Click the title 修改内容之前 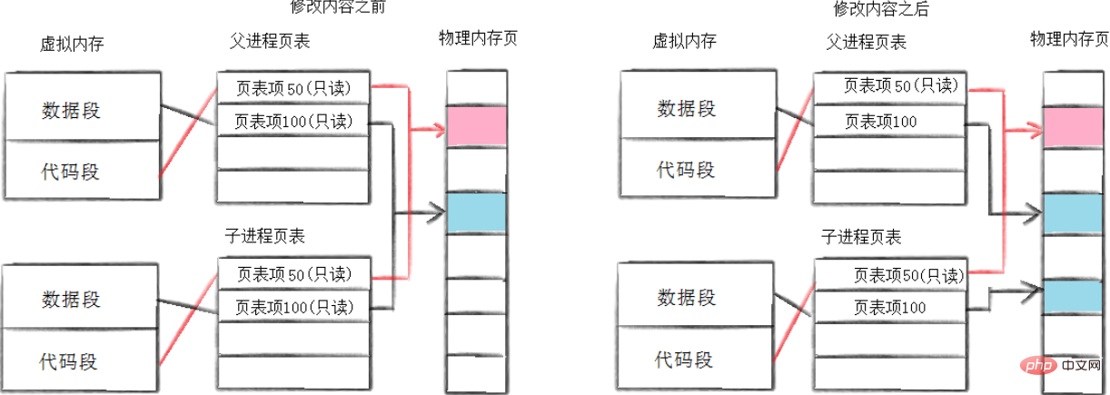pyautogui.click(x=338, y=7)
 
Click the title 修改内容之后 pyautogui.click(x=880, y=9)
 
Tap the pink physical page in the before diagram pyautogui.click(x=477, y=126)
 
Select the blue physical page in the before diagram pyautogui.click(x=477, y=212)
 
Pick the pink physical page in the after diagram pyautogui.click(x=1074, y=127)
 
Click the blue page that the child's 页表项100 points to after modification pyautogui.click(x=1074, y=296)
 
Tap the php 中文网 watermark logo pyautogui.click(x=1059, y=366)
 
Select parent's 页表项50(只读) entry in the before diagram pyautogui.click(x=293, y=88)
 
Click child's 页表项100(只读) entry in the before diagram pyautogui.click(x=294, y=307)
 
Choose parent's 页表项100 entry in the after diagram pyautogui.click(x=890, y=122)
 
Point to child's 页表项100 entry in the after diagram pyautogui.click(x=890, y=307)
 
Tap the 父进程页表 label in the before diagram pyautogui.click(x=270, y=41)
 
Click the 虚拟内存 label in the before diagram pyautogui.click(x=72, y=44)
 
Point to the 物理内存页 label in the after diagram pyautogui.click(x=1069, y=39)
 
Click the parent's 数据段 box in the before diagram pyautogui.click(x=83, y=107)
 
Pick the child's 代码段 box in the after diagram pyautogui.click(x=694, y=358)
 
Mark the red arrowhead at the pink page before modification pyautogui.click(x=439, y=130)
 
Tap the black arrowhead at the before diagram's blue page pyautogui.click(x=437, y=213)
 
